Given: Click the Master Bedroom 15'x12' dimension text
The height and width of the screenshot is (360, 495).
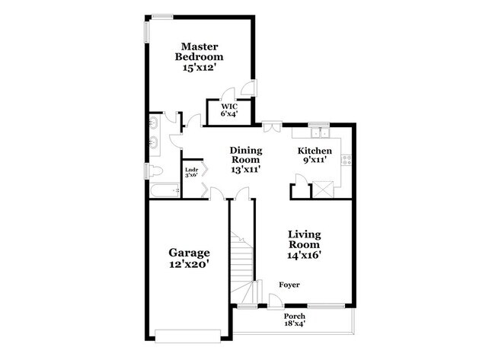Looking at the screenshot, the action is (x=199, y=68).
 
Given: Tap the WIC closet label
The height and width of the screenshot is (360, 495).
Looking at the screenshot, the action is (x=229, y=107).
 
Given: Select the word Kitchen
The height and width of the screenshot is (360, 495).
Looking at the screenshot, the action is (x=315, y=151).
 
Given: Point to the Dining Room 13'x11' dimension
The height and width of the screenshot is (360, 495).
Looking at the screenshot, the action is (x=246, y=170).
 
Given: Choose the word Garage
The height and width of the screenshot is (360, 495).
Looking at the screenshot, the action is (x=189, y=253).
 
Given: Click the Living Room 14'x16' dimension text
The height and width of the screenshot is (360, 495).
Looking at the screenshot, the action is (x=304, y=255).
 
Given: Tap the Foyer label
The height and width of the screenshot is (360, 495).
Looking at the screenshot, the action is (x=289, y=285).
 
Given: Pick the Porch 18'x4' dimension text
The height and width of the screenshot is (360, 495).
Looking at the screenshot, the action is (x=295, y=323).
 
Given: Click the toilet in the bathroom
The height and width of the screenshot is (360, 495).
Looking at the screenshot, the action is (x=155, y=170).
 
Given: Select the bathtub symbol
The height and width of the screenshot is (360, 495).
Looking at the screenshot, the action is (x=164, y=190).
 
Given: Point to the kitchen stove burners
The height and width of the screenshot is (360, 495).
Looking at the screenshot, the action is (x=346, y=160).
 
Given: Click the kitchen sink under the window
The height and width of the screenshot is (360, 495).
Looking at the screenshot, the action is (x=319, y=133).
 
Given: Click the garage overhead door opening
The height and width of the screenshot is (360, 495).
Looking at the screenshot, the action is (x=188, y=336).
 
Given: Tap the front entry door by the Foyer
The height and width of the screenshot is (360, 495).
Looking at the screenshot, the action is (x=273, y=301).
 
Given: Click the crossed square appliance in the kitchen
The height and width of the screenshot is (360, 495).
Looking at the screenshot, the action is (x=323, y=190).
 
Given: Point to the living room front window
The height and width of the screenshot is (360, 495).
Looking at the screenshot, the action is (x=326, y=306).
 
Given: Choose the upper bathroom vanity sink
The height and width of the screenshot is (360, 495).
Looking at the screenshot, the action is (x=154, y=122).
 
